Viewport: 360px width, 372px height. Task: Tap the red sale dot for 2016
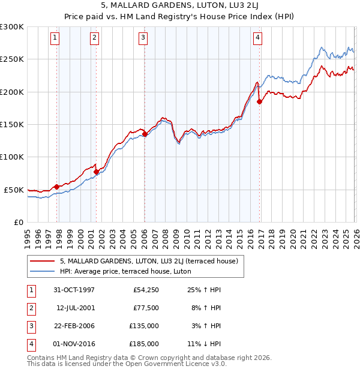[x=260, y=102]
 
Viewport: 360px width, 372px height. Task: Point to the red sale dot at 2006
[x=145, y=134]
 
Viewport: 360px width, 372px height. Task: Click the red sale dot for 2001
[x=96, y=172]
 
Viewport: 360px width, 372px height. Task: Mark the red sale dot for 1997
[x=57, y=187]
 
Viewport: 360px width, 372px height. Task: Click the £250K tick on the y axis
[x=12, y=59]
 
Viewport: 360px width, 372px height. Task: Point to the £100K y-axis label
[x=12, y=157]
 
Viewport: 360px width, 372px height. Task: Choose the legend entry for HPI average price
[x=125, y=271]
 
